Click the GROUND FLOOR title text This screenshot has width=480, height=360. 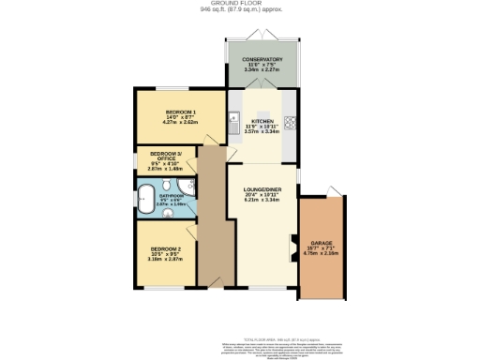click(x=239, y=4)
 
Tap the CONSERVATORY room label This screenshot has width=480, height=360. click(x=262, y=60)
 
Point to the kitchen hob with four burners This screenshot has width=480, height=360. click(x=291, y=121)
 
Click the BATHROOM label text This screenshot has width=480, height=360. click(x=172, y=195)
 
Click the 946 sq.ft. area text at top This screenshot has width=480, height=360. click(x=239, y=10)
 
